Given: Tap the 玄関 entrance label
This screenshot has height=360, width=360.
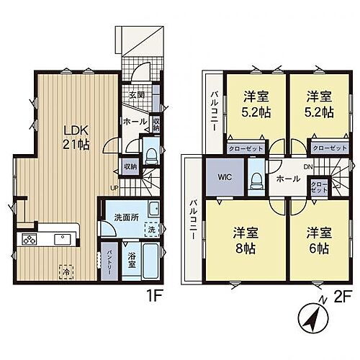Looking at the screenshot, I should (136, 94).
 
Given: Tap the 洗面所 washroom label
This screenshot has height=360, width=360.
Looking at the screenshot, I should (125, 216).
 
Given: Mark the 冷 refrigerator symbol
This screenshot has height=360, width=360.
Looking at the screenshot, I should (66, 273).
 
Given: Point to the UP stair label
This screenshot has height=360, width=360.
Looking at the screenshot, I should (113, 189).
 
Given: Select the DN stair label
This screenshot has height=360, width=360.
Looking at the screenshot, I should (308, 166).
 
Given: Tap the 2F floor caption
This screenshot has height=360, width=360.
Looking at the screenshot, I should (343, 295).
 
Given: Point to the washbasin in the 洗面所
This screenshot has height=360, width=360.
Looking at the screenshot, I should (152, 210).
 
